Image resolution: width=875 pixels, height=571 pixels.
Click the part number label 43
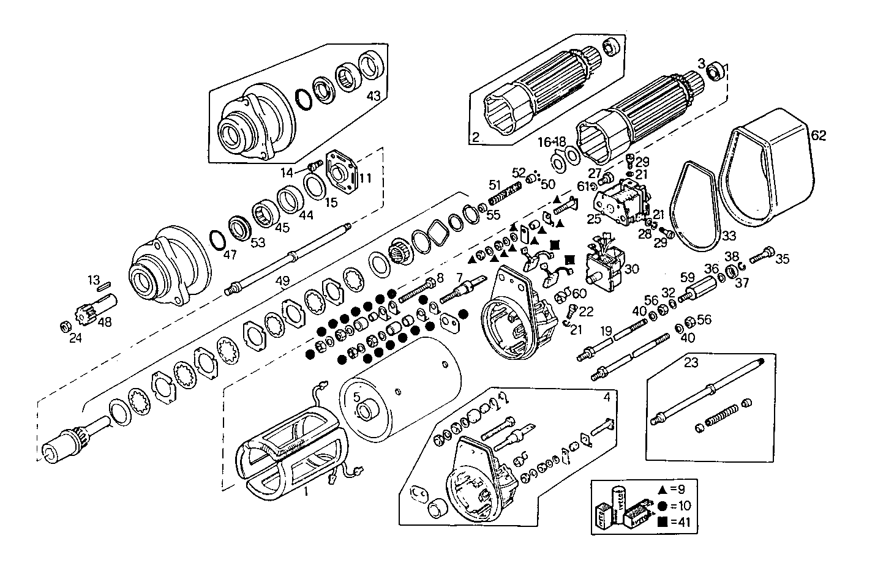click(x=374, y=96)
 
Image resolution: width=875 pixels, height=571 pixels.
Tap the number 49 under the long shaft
click(x=282, y=281)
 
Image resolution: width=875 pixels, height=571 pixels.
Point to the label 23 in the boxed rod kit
click(x=691, y=362)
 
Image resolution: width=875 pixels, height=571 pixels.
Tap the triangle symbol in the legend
click(x=663, y=489)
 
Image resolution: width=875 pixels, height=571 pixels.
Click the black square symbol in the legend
click(x=663, y=522)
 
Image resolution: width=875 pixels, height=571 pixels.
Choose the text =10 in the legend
click(x=679, y=506)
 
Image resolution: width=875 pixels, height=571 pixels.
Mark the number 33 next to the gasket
click(x=727, y=235)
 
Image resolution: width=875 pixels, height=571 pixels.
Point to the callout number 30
click(x=631, y=268)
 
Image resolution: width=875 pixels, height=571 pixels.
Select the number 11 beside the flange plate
click(x=366, y=179)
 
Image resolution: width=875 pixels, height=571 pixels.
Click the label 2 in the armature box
click(x=475, y=137)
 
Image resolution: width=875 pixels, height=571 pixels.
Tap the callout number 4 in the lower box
click(x=606, y=397)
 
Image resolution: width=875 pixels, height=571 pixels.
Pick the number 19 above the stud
click(x=606, y=331)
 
